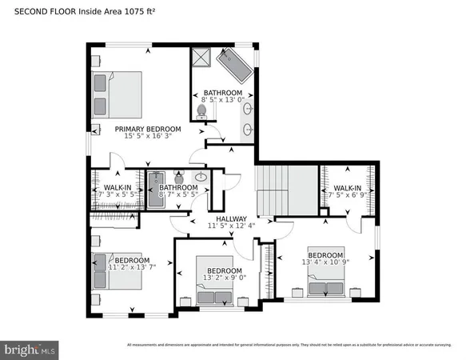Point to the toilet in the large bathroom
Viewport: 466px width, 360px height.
click(202, 112)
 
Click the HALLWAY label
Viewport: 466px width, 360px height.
click(229, 218)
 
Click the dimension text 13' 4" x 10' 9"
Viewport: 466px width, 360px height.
click(325, 261)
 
